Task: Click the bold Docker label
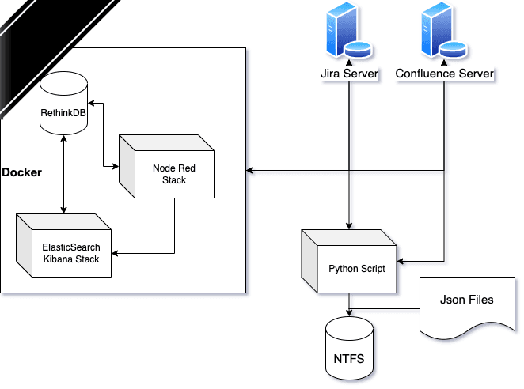21,172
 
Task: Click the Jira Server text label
348,74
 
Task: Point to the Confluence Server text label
444,74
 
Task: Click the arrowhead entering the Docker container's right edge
251,170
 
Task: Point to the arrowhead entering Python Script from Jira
349,225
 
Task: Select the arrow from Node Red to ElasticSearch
174,237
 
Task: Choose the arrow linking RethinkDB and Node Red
104,134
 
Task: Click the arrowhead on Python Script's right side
401,260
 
